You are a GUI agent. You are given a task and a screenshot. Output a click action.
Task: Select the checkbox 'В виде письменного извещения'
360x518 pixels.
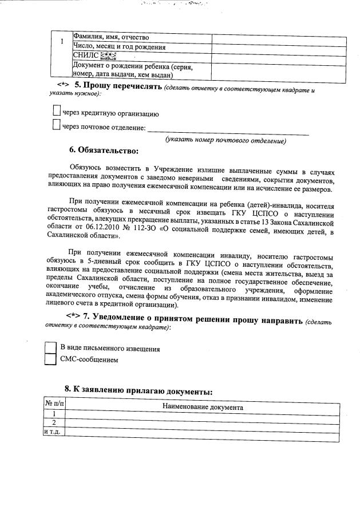tap(51, 347)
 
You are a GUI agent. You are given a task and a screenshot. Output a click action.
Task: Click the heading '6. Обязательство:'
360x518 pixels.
tap(104, 152)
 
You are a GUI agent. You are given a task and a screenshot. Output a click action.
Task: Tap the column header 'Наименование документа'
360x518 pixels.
tap(203, 407)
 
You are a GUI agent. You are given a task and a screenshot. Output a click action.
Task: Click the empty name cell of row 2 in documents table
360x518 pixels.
tap(203, 422)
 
